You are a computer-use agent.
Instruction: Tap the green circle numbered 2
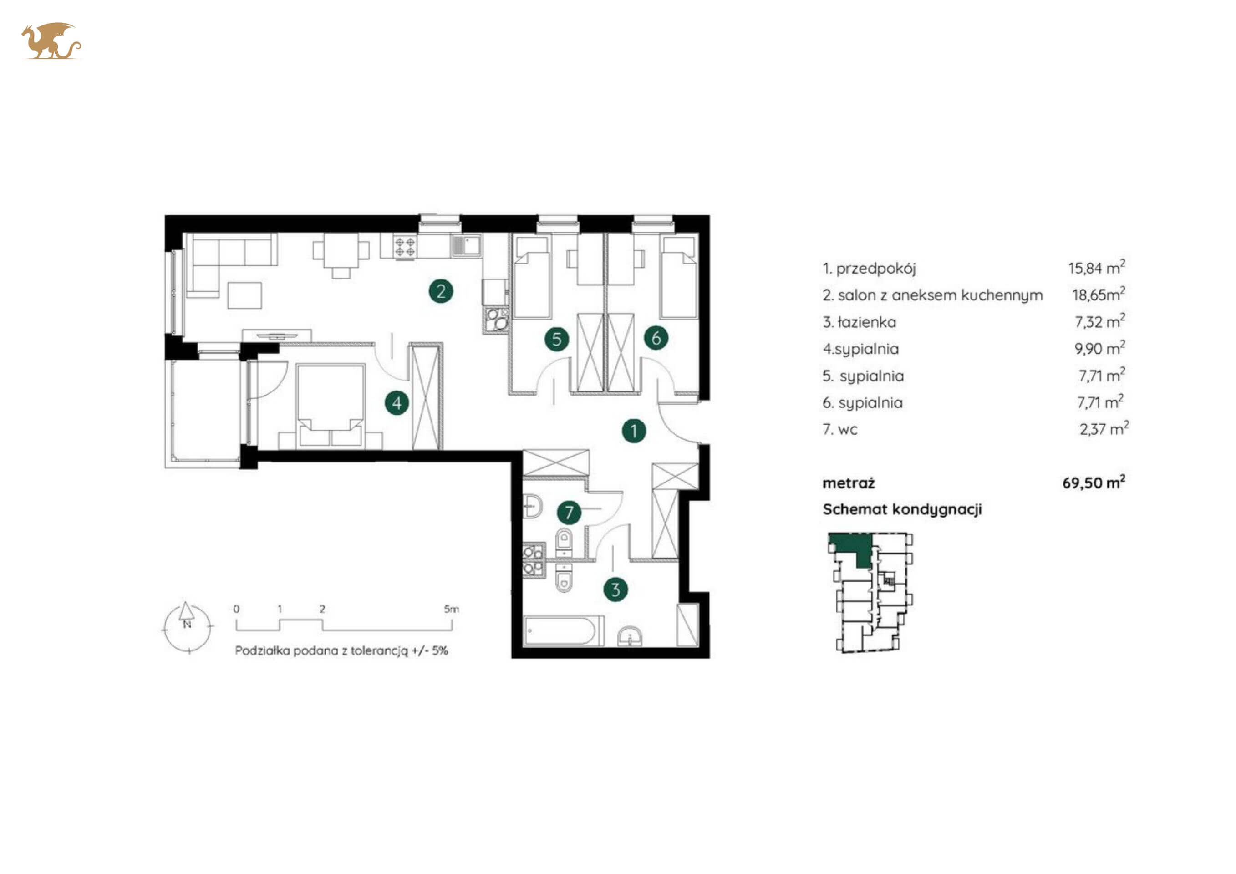pyautogui.click(x=441, y=291)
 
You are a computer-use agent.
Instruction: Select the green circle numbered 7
pyautogui.click(x=569, y=513)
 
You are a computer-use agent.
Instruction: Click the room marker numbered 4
pyautogui.click(x=397, y=402)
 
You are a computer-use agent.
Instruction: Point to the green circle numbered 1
pyautogui.click(x=634, y=431)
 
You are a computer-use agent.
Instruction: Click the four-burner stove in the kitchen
pyautogui.click(x=405, y=246)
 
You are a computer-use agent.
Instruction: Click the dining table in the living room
pyautogui.click(x=341, y=250)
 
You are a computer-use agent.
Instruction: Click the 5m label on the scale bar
pyautogui.click(x=451, y=609)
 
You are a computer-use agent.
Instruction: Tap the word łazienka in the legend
pyautogui.click(x=867, y=322)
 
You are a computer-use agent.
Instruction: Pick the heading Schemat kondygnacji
pyautogui.click(x=902, y=509)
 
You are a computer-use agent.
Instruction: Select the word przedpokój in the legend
pyautogui.click(x=876, y=269)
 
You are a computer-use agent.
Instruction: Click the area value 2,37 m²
pyautogui.click(x=1104, y=428)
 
